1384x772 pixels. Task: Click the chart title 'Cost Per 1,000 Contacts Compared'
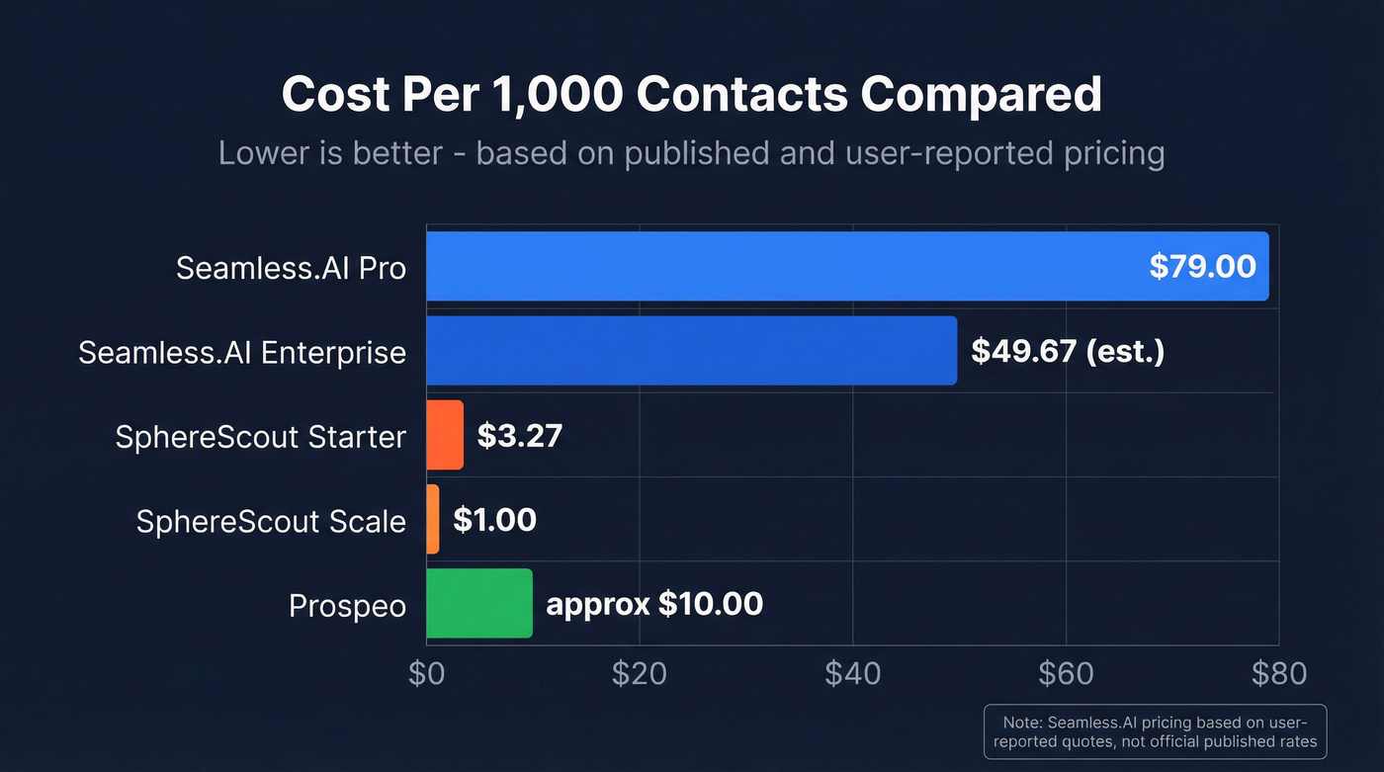coord(691,95)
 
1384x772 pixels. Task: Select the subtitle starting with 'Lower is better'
coord(691,154)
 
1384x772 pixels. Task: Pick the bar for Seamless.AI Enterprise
coord(691,351)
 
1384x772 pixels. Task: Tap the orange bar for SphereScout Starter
coord(445,435)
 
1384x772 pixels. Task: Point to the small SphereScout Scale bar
coord(433,519)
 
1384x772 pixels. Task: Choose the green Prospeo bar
coord(479,603)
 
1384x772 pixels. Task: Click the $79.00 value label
coord(1202,266)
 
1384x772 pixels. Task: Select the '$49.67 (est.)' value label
coord(1068,351)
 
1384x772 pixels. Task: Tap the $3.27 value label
coord(519,435)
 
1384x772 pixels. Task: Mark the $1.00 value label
coord(494,519)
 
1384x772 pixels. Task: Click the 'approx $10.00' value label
coord(654,603)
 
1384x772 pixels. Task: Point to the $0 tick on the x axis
coord(427,673)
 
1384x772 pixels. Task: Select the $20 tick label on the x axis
coord(640,673)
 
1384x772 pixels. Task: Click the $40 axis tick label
coord(852,673)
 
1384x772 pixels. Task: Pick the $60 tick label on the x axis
coord(1066,673)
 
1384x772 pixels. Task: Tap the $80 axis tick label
coord(1278,673)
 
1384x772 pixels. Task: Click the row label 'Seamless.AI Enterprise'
coord(242,352)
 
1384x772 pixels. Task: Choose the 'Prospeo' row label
coord(347,605)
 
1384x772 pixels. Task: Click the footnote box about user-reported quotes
coord(1155,731)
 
